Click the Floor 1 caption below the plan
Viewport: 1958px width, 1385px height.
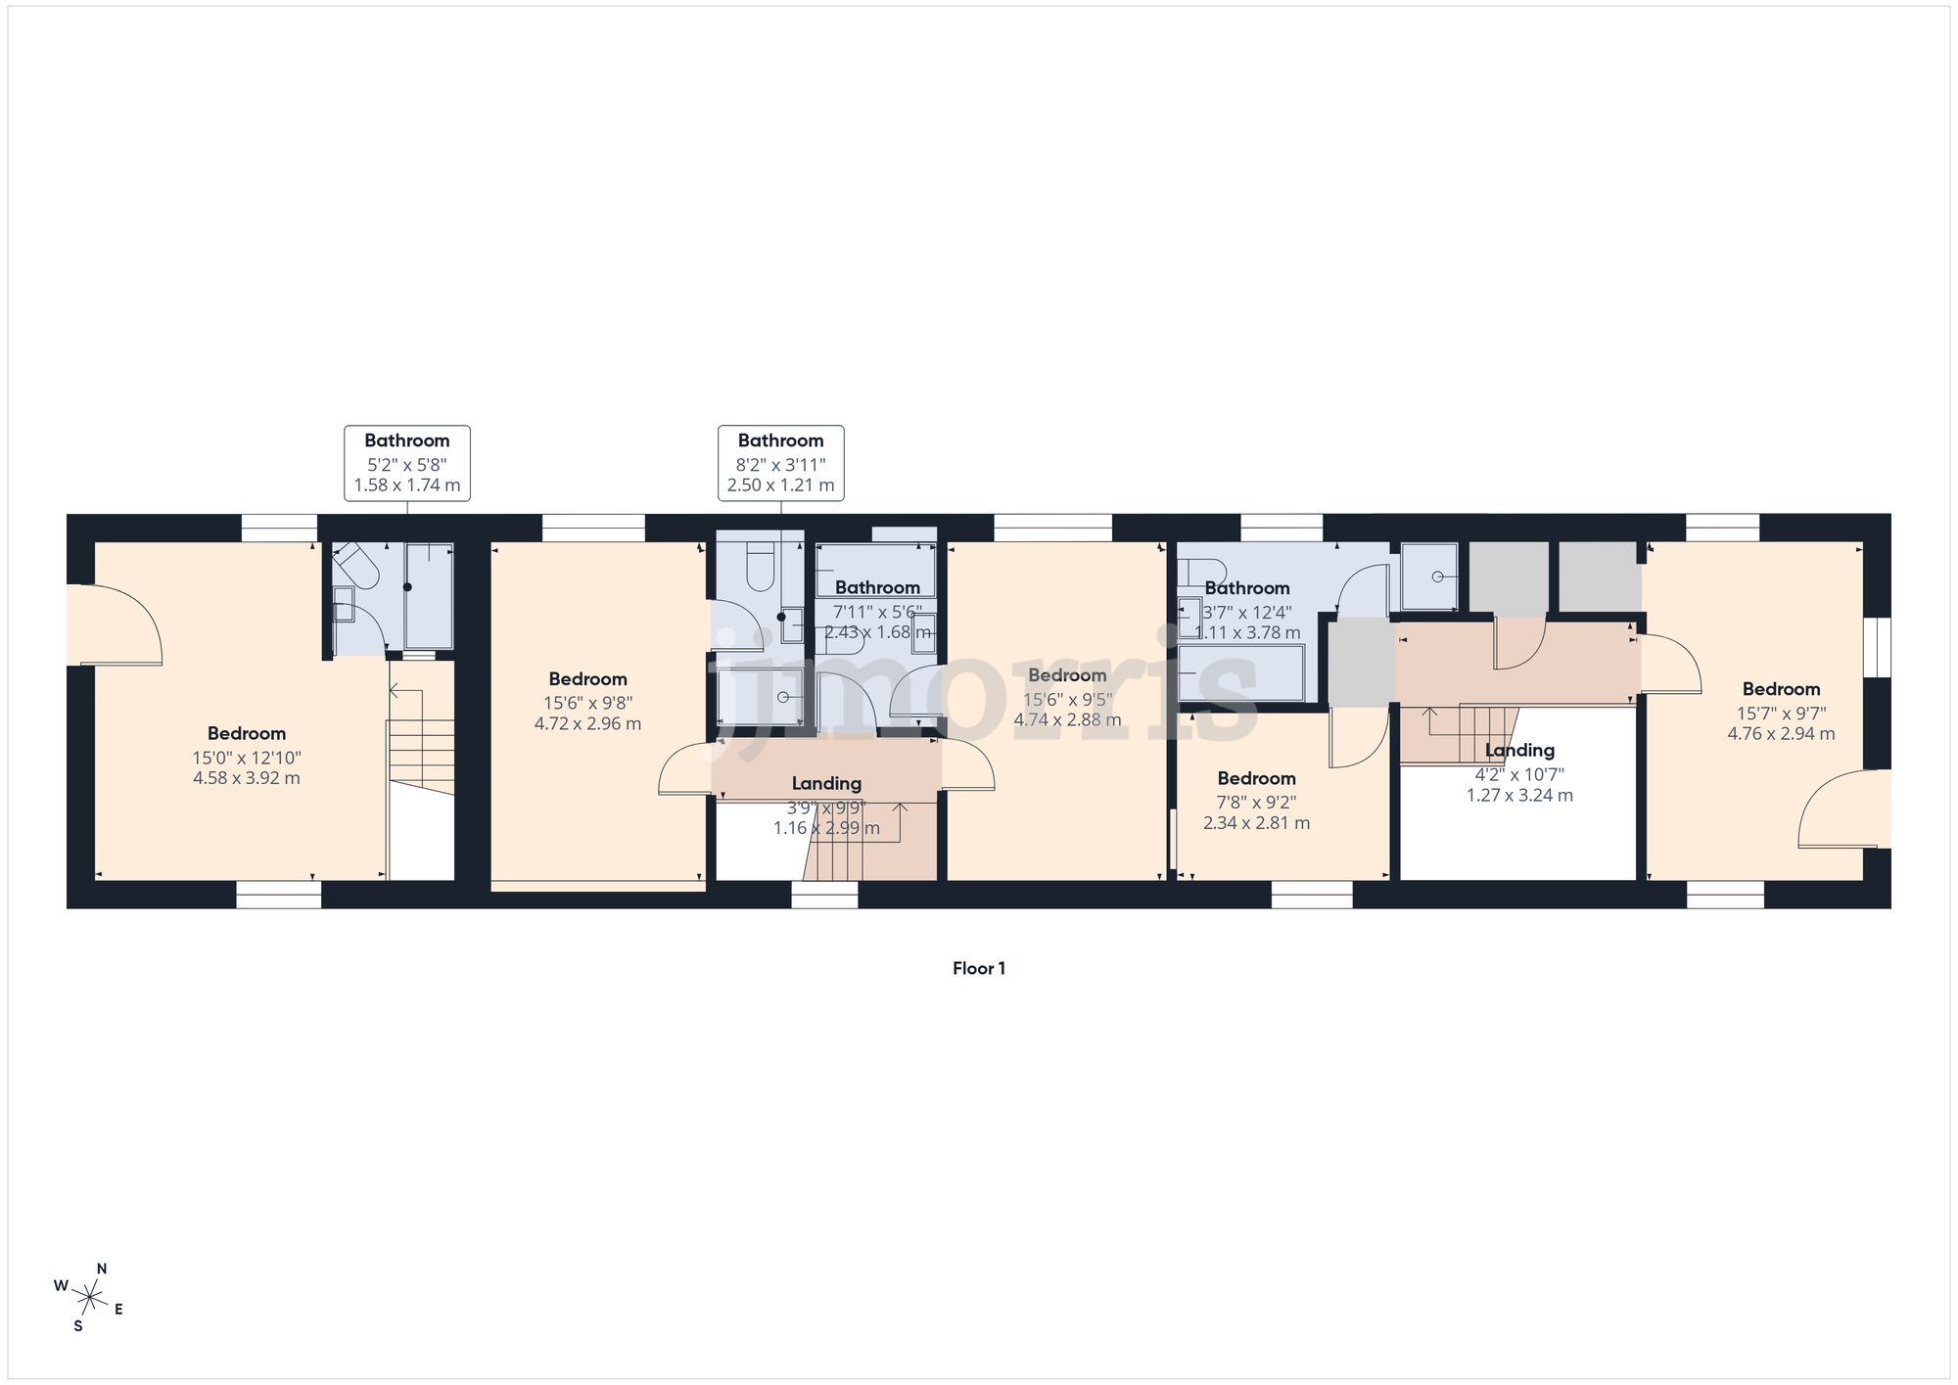(978, 968)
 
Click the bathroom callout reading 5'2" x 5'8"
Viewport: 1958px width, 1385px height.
(407, 463)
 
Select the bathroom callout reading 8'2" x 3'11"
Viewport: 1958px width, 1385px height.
(780, 463)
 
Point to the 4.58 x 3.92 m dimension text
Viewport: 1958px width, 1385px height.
(247, 779)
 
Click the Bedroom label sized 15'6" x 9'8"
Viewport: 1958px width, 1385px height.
(587, 679)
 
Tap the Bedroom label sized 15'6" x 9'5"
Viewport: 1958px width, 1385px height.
(1067, 675)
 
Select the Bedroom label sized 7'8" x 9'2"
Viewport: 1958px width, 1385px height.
(1256, 779)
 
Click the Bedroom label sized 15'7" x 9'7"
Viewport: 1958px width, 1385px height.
(1781, 689)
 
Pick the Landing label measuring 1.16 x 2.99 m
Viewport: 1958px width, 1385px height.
(826, 784)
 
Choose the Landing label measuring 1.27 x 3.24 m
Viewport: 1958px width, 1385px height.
(1519, 751)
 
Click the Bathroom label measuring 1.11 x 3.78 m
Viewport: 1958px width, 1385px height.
(1246, 588)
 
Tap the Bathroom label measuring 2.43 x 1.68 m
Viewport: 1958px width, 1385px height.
(877, 587)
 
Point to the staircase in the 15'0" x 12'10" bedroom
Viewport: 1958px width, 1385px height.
(421, 754)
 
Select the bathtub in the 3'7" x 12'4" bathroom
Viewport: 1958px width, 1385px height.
(1241, 672)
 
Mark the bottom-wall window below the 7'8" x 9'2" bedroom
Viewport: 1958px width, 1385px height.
(1312, 894)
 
